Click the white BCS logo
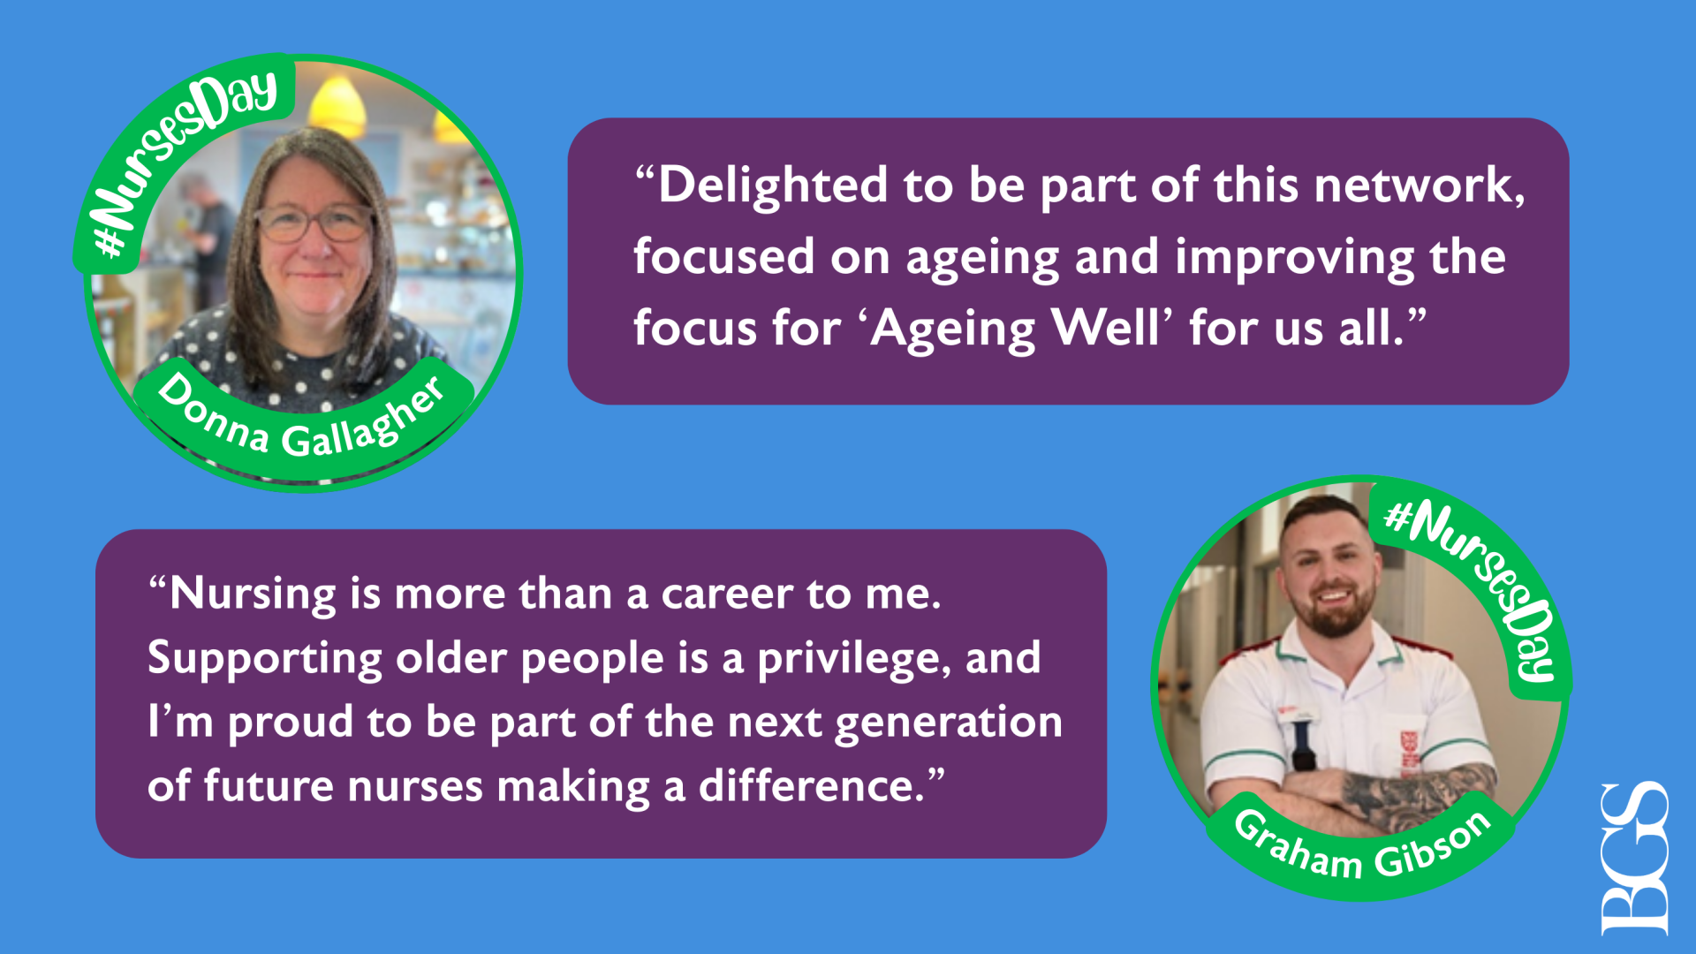coord(1634,859)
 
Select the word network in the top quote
coord(1420,185)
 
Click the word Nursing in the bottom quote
coord(253,594)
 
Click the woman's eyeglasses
coord(315,223)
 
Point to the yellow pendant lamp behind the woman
coord(337,104)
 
